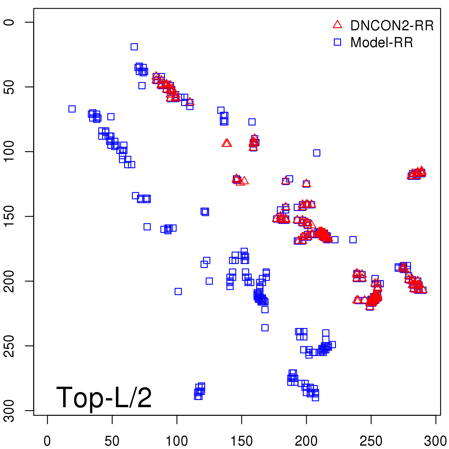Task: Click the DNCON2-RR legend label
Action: point(392,26)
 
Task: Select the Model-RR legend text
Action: point(382,43)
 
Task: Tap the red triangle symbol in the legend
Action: point(337,25)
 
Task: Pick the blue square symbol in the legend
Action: point(337,42)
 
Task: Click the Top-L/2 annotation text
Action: point(104,397)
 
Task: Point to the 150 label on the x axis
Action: point(242,441)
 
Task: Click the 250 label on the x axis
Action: point(371,441)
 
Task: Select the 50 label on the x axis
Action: point(112,441)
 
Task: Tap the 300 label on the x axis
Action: point(436,441)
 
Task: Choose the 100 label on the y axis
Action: point(9,152)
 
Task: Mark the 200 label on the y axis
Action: point(9,281)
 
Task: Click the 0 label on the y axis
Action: point(9,22)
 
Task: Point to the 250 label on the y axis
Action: point(9,346)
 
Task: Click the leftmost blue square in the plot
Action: point(72,109)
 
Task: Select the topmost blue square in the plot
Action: point(134,47)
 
